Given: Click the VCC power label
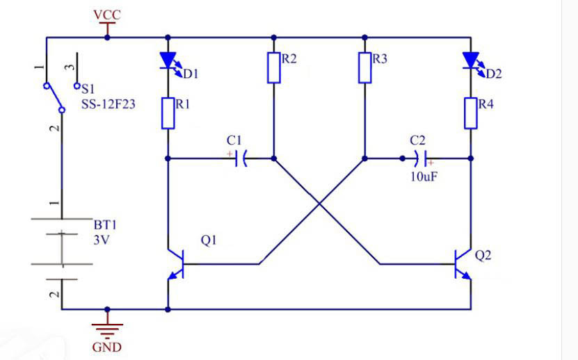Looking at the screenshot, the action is point(107,15).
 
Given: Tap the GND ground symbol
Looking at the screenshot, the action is point(107,331).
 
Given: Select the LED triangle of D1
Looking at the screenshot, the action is point(168,60).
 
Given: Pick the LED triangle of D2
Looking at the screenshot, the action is point(471,60).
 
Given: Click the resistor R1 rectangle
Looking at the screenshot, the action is point(168,113).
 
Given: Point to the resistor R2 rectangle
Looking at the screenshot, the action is point(273,67).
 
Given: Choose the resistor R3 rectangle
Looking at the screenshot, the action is point(365,67).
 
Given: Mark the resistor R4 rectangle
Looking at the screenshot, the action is point(471,113).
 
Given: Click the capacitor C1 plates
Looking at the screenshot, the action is point(241,158).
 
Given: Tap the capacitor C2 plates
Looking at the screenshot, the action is point(420,158).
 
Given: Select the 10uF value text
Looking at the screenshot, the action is point(424,177).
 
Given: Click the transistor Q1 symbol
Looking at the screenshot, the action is point(176,264).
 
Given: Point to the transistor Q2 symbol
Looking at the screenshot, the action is point(463,264).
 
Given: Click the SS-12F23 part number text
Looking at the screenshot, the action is point(108,104).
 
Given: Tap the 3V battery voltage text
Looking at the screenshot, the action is point(102,240).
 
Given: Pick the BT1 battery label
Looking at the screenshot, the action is point(105,224).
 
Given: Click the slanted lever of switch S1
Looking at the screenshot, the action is point(54,98).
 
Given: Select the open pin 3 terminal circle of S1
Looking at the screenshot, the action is point(77,86).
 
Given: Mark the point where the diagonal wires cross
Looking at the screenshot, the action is point(319,203).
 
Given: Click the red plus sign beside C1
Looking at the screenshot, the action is point(230,154).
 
